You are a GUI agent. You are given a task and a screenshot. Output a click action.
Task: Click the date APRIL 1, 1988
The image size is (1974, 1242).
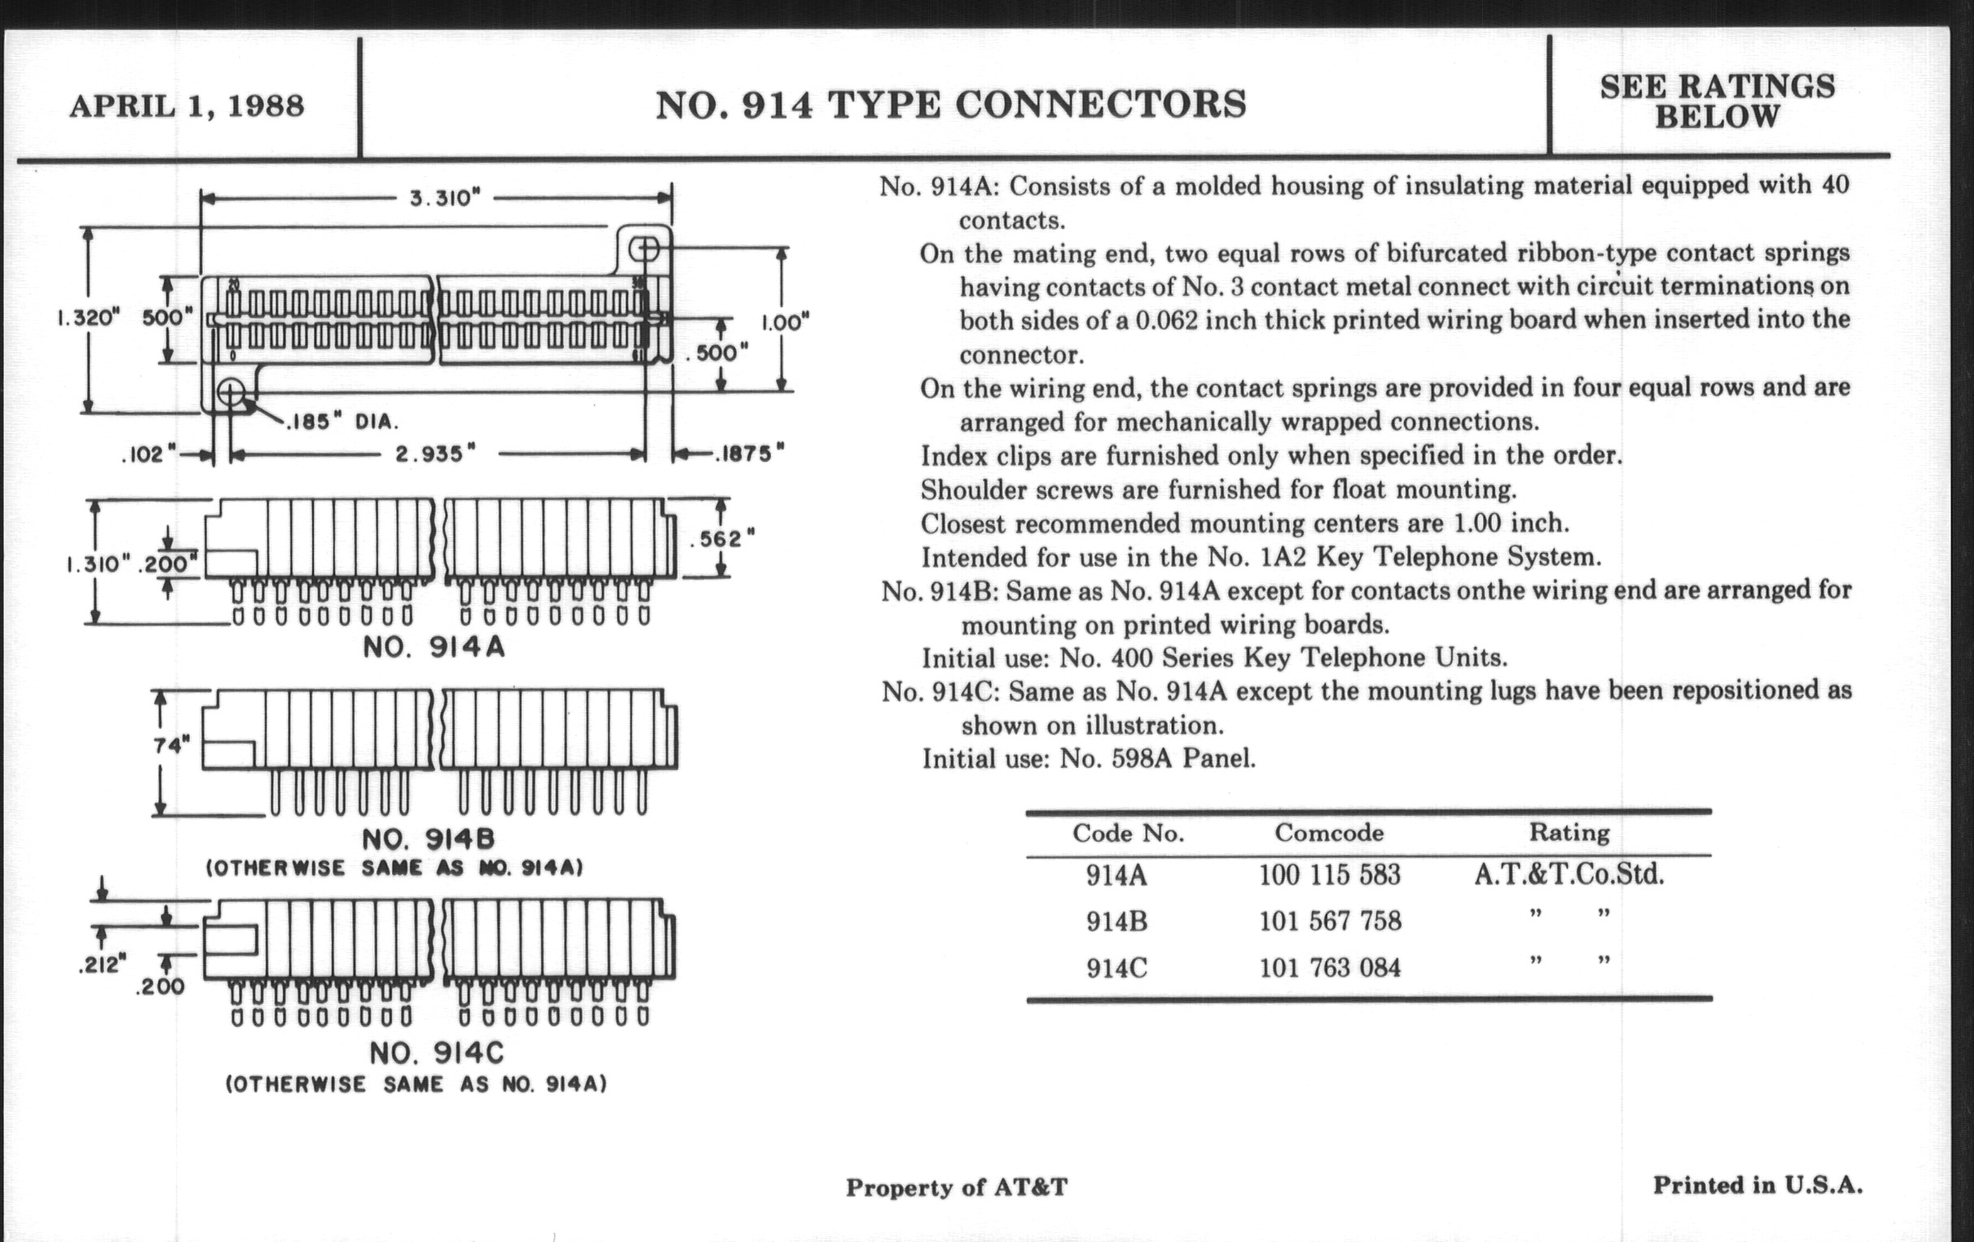[x=187, y=106]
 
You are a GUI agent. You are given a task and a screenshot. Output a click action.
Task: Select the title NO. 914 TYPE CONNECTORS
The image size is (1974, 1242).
[x=951, y=105]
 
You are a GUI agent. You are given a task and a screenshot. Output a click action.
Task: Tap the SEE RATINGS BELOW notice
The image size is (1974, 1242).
[x=1717, y=101]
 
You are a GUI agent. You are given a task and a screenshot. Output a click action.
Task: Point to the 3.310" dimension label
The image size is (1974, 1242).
[x=445, y=198]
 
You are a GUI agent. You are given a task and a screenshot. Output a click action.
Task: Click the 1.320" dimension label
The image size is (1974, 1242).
[x=88, y=318]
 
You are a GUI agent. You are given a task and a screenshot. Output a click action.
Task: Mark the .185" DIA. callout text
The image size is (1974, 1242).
[x=342, y=422]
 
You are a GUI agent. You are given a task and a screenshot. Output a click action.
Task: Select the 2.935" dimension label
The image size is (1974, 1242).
[x=435, y=453]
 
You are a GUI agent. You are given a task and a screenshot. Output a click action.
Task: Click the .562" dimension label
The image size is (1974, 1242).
[x=722, y=539]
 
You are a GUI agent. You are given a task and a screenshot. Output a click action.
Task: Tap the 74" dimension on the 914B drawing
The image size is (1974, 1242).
[x=170, y=744]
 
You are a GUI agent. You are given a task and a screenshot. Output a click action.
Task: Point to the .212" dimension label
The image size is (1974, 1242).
[x=102, y=965]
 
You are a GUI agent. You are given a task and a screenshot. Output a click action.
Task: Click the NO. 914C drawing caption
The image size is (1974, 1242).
[x=436, y=1053]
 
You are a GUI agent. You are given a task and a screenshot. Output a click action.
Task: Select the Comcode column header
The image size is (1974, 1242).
[x=1329, y=833]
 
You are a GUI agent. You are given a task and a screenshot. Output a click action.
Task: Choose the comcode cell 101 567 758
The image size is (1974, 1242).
[x=1330, y=921]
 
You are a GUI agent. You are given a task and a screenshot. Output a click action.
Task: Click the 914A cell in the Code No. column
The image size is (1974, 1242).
[x=1117, y=875]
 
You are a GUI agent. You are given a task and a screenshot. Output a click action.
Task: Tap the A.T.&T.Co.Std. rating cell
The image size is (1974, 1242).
[x=1569, y=874]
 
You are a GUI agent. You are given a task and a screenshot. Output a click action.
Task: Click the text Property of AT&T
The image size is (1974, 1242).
[x=957, y=1187]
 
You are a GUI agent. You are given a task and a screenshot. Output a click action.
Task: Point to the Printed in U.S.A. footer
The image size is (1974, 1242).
[x=1757, y=1185]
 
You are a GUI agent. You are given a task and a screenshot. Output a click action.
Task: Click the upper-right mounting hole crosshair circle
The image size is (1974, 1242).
[x=644, y=249]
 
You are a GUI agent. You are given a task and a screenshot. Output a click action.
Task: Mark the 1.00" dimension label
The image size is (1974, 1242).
[x=786, y=321]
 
